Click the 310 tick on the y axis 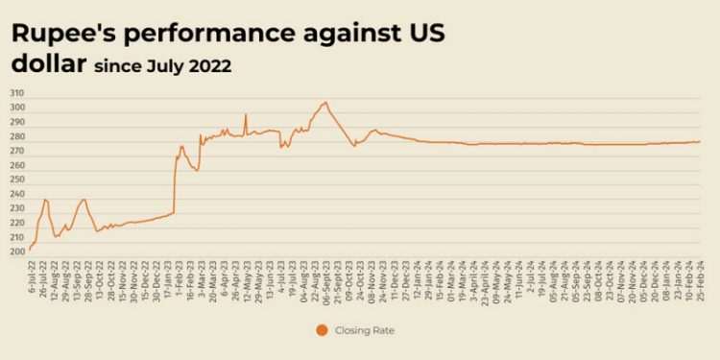[x=16, y=93]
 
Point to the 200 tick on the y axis [x=16, y=252]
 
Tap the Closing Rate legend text [x=365, y=330]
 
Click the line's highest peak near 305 [x=325, y=102]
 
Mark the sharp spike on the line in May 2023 [x=246, y=115]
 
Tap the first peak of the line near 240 [x=45, y=200]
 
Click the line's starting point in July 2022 [x=30, y=250]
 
